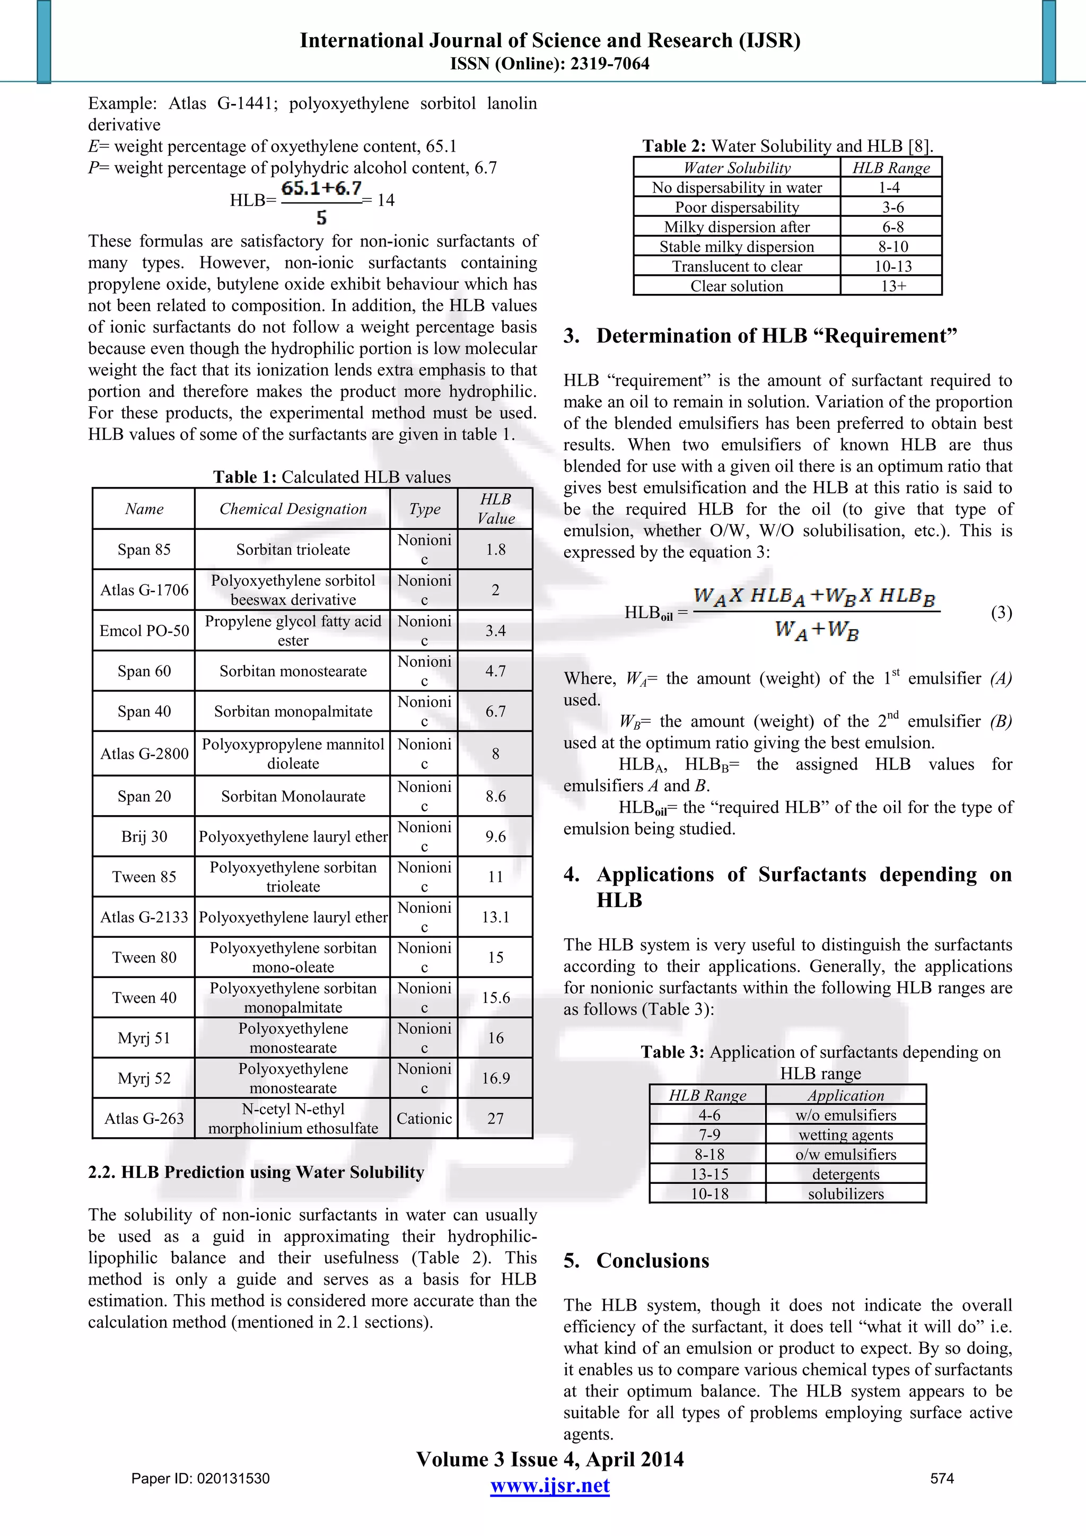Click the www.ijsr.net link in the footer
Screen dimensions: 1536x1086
coord(550,1486)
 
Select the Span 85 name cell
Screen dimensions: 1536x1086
coord(144,549)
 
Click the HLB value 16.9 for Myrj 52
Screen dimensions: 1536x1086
coord(495,1078)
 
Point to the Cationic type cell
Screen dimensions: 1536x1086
coord(424,1118)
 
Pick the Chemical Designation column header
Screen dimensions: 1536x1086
coord(293,509)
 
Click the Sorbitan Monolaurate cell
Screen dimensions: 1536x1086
coord(293,796)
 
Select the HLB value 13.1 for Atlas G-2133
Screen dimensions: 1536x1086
coord(495,917)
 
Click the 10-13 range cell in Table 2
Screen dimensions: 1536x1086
coord(892,266)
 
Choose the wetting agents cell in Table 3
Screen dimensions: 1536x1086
coord(845,1134)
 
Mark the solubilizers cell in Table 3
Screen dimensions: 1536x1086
coord(845,1193)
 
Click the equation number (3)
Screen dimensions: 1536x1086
coord(1001,612)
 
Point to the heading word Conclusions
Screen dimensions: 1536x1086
coord(653,1260)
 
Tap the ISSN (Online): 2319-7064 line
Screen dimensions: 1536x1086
coord(550,64)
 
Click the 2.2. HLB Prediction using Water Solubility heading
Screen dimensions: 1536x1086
coord(256,1172)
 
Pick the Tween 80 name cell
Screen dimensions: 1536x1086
coord(144,957)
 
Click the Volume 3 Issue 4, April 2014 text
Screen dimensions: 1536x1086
coord(550,1459)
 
